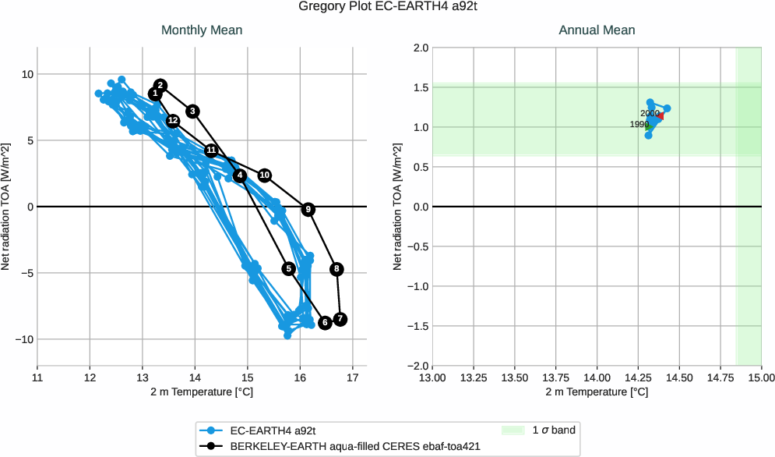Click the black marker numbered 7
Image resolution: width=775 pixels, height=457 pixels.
340,319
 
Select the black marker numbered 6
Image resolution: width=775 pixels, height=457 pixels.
325,323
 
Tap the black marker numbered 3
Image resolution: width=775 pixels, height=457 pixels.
193,111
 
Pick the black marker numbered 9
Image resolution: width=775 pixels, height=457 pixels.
308,209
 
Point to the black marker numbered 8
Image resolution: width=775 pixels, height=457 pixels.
336,269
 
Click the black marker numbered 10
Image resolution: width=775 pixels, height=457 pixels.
265,175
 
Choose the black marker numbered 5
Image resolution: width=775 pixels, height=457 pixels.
289,268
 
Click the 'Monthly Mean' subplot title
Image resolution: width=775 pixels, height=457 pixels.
202,30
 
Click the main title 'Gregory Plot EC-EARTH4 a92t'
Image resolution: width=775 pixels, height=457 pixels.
387,7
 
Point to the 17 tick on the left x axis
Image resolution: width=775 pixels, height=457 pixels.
353,378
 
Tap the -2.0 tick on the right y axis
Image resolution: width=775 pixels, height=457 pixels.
417,366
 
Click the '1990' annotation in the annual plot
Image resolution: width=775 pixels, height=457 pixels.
639,125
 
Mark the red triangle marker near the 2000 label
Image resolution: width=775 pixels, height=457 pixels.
661,116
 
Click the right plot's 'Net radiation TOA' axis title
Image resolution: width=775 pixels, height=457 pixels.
398,207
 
